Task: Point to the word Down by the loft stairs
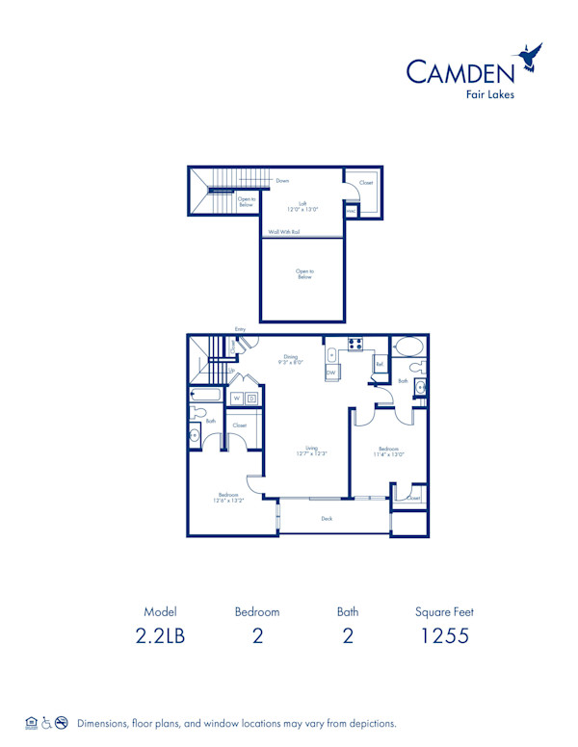[x=282, y=181]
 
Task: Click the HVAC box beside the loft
[x=352, y=210]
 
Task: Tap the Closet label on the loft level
[x=365, y=182]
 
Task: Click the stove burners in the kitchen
[x=354, y=344]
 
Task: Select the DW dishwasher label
[x=330, y=373]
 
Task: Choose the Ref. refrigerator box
[x=381, y=364]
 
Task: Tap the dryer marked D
[x=251, y=398]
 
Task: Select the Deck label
[x=327, y=518]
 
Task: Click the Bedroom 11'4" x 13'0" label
[x=389, y=451]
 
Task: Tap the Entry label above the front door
[x=240, y=329]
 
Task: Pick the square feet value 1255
[x=445, y=635]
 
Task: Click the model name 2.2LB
[x=161, y=635]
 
